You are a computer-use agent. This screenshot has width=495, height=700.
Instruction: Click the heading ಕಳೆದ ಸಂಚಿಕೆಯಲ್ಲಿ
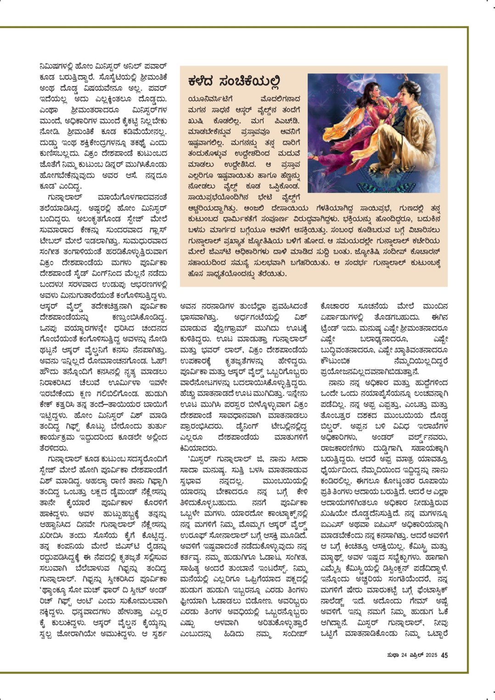[x=234, y=82]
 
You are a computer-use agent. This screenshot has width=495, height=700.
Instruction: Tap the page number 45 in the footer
[x=444, y=655]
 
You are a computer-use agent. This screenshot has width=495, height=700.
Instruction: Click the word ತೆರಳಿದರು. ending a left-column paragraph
[x=54, y=448]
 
